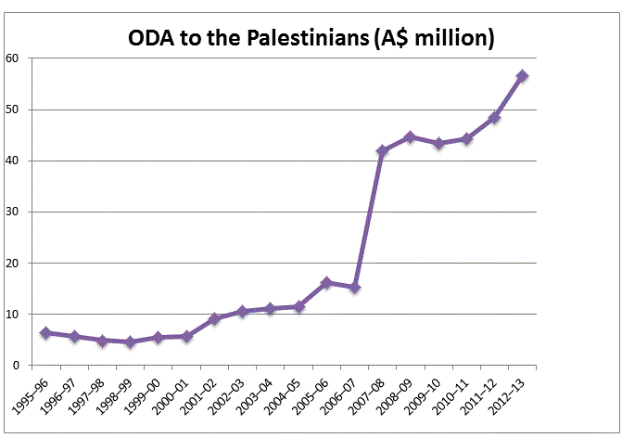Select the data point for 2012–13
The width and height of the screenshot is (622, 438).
[523, 76]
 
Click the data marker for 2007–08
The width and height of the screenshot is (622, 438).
[382, 150]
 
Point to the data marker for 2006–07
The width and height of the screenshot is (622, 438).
[354, 288]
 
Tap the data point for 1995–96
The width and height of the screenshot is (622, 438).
[45, 332]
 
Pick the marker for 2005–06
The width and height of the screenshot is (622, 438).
[325, 282]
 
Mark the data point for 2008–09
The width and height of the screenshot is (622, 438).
[410, 137]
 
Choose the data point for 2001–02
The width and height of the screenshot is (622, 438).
[213, 318]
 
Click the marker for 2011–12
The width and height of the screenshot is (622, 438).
[494, 118]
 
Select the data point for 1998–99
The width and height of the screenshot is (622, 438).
[130, 342]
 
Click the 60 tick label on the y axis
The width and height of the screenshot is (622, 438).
[13, 58]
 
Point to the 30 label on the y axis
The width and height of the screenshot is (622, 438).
[13, 212]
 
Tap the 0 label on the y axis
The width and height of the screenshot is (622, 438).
[17, 366]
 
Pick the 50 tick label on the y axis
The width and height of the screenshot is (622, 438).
[13, 109]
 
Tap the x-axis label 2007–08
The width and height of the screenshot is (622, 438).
[369, 395]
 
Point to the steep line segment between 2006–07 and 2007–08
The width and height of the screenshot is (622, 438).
[368, 219]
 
